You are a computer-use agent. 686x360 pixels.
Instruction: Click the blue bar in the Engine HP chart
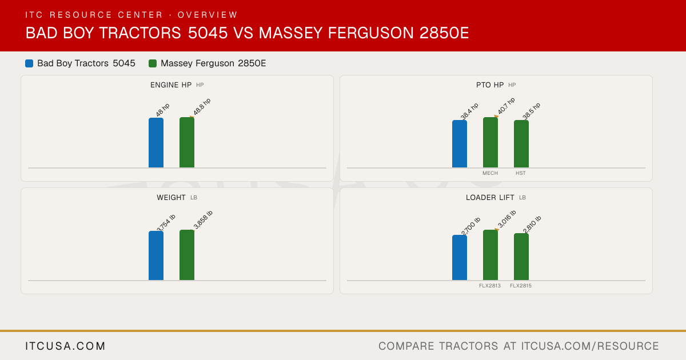click(x=156, y=143)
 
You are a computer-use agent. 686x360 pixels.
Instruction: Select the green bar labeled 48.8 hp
click(x=187, y=142)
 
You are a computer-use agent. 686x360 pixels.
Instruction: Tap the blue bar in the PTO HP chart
click(x=460, y=144)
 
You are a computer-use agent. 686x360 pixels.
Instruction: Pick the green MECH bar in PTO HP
click(x=490, y=142)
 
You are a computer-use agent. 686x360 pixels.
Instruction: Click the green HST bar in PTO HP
click(x=521, y=144)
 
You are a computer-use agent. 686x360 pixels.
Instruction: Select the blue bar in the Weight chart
click(x=156, y=255)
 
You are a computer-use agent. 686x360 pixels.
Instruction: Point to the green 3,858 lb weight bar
click(x=187, y=255)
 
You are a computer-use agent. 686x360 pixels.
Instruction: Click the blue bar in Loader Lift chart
click(x=460, y=258)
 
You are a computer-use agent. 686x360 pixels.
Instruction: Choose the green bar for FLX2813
click(x=490, y=255)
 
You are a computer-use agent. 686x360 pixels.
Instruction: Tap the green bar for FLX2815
click(x=521, y=257)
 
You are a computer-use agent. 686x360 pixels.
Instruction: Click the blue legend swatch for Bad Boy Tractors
click(x=29, y=63)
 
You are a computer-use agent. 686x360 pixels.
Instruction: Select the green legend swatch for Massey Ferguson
click(x=153, y=63)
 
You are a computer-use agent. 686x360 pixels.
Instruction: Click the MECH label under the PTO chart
click(x=490, y=173)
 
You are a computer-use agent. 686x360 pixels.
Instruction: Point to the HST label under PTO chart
click(x=521, y=173)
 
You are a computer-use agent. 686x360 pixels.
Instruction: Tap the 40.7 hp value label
click(x=506, y=106)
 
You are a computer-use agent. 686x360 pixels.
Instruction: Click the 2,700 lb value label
click(x=470, y=226)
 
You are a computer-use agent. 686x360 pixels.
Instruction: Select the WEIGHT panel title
click(x=171, y=198)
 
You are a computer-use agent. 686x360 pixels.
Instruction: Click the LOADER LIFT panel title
click(x=490, y=198)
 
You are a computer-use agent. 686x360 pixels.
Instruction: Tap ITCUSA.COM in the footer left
click(x=65, y=346)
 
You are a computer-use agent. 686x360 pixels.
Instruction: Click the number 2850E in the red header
click(x=444, y=33)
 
